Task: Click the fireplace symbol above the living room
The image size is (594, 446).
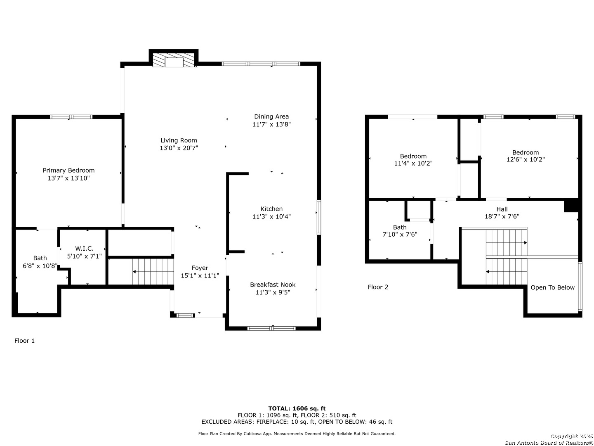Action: (174, 59)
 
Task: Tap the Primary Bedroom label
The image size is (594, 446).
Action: (68, 170)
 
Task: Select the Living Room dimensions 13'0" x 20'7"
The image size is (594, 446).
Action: (179, 148)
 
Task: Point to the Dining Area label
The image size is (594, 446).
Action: (271, 116)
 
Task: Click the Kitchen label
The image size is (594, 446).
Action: (271, 209)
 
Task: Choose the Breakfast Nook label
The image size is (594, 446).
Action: (273, 285)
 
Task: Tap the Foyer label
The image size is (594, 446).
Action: (200, 268)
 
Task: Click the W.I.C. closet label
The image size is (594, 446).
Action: (84, 248)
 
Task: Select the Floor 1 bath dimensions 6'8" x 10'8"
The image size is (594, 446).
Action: (40, 266)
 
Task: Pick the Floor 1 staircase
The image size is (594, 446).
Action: (153, 272)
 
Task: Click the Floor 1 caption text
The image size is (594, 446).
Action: (24, 341)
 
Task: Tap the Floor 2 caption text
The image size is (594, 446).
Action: (378, 287)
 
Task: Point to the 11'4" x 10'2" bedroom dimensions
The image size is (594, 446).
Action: (413, 163)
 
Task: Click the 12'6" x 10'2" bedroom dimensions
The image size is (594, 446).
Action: (525, 159)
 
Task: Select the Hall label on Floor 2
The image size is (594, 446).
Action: (502, 209)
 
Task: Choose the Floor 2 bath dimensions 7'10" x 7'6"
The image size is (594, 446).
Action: (400, 234)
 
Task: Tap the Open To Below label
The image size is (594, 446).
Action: (552, 287)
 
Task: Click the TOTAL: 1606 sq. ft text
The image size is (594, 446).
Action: (297, 408)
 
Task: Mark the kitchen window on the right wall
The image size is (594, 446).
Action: (319, 217)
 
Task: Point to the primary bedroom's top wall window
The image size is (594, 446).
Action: (71, 117)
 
